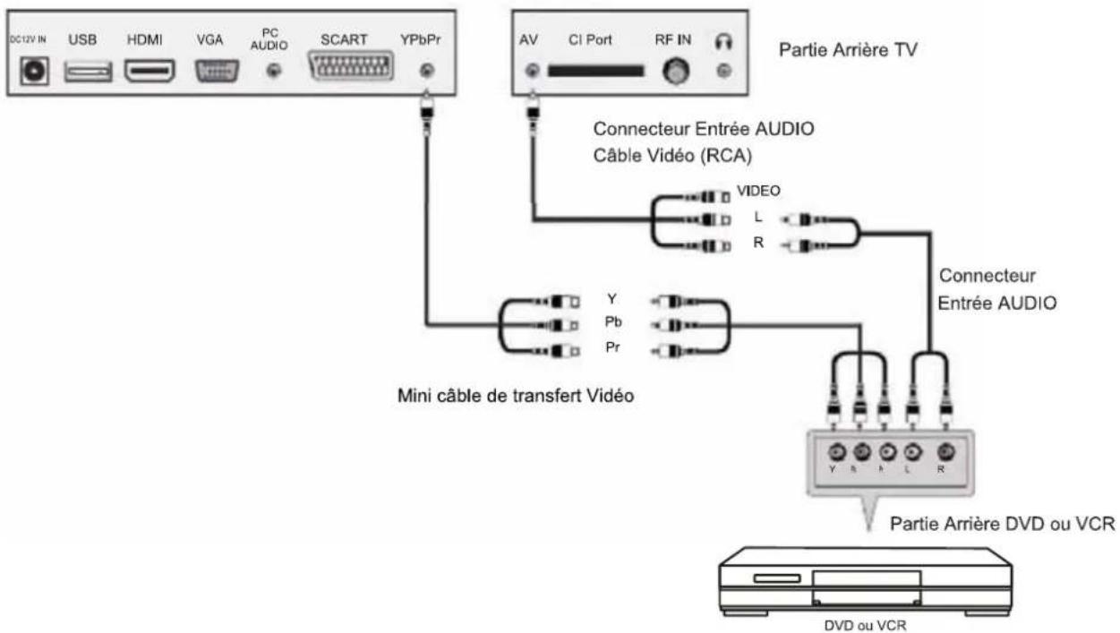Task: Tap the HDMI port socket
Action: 149,72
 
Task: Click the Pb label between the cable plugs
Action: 613,323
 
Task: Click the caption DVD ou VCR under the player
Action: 865,626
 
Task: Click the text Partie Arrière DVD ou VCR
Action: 1001,525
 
